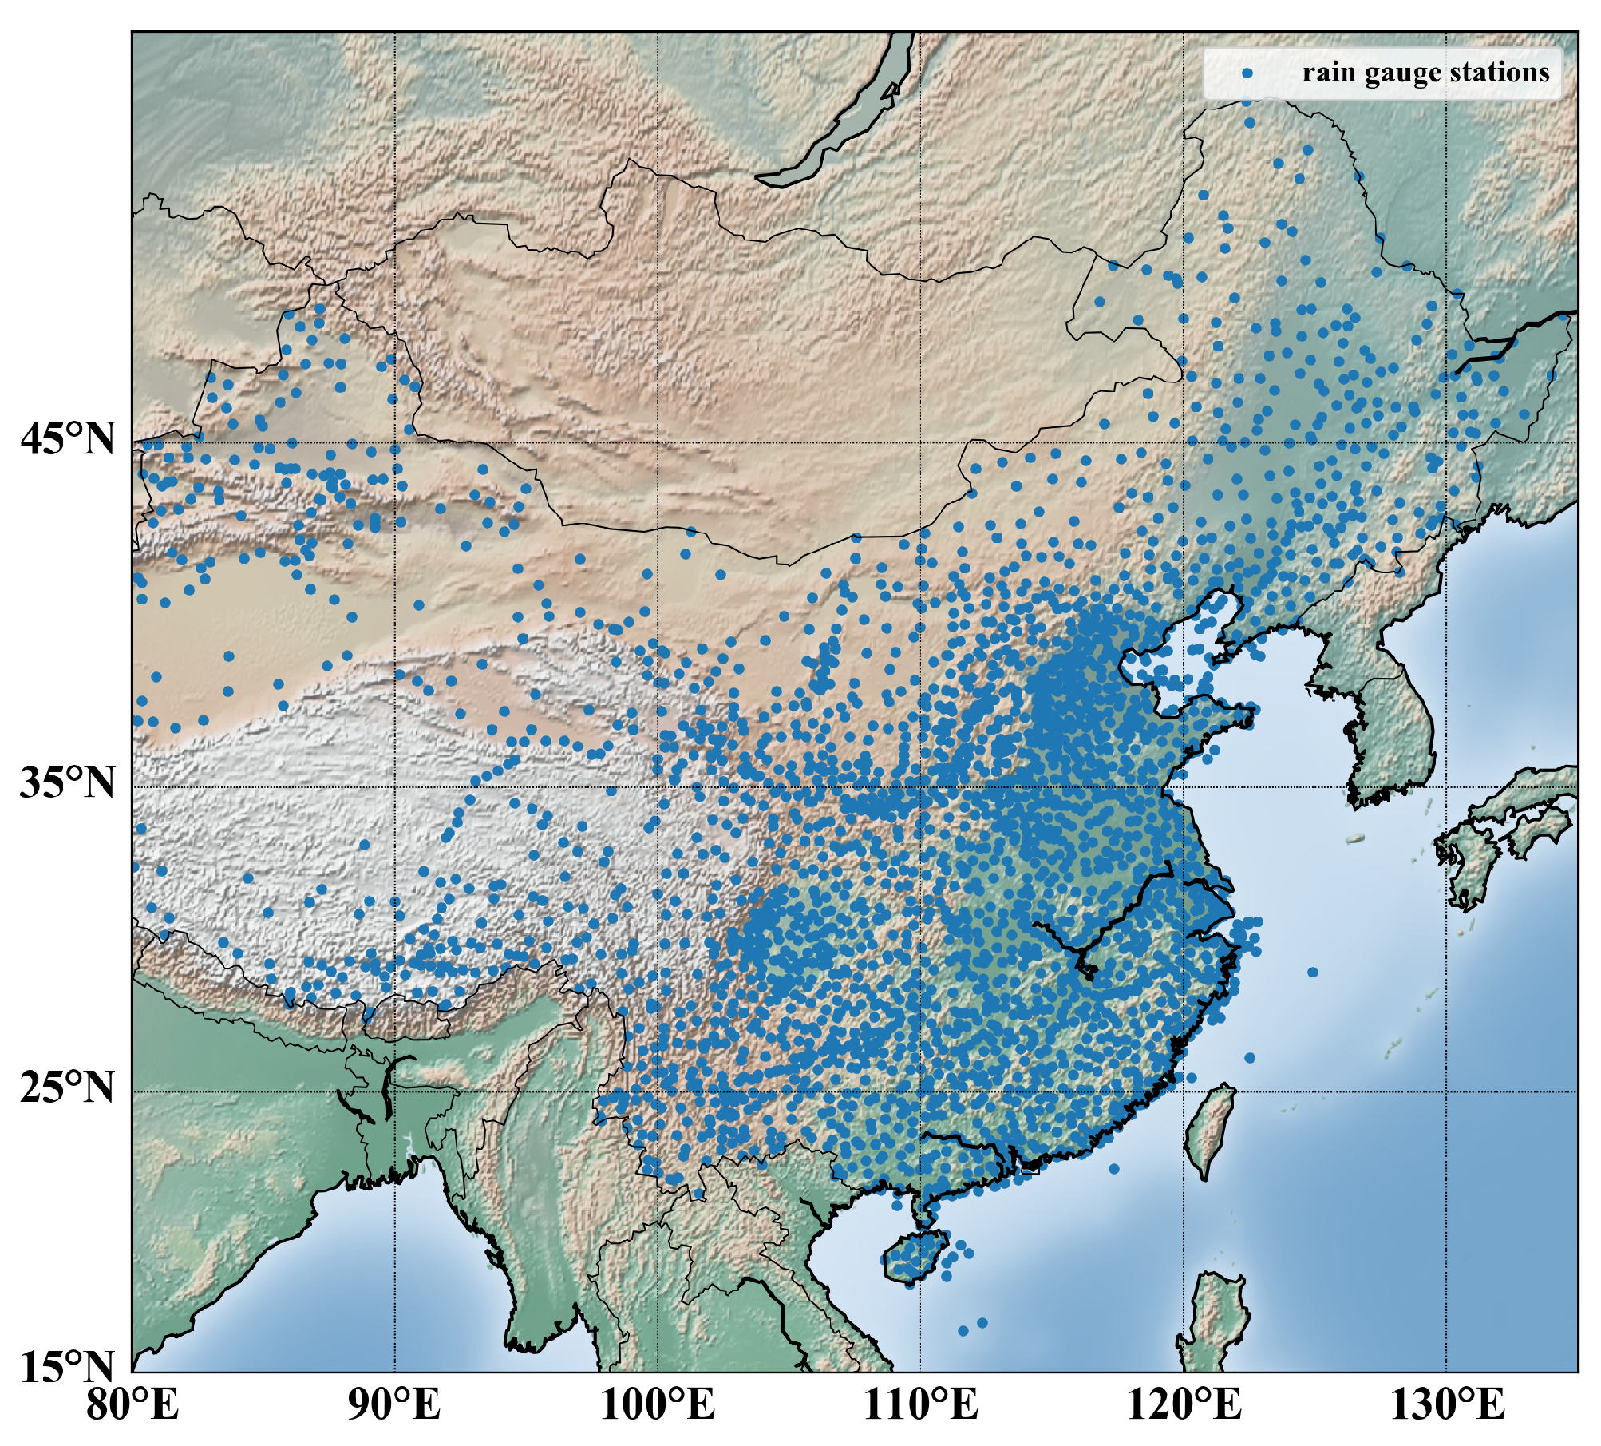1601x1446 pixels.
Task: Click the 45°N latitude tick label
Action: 68,439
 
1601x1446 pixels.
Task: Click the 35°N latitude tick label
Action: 68,783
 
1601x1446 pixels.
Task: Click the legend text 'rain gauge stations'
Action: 1425,73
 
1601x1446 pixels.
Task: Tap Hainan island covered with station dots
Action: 916,1258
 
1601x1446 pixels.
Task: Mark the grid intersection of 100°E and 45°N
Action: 658,442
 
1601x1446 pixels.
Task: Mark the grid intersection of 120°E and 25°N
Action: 1184,1091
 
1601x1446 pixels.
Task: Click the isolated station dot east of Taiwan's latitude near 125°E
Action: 1313,972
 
